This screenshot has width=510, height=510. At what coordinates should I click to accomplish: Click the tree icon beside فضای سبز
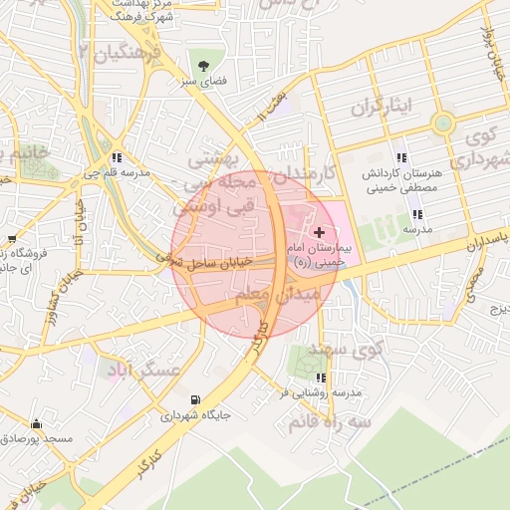203,66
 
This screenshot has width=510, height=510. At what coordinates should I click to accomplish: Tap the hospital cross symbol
318,231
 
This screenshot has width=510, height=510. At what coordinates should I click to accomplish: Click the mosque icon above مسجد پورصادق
37,423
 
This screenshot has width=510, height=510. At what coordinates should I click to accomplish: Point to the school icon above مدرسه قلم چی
118,157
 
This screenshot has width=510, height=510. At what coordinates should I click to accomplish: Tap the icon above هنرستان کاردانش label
401,157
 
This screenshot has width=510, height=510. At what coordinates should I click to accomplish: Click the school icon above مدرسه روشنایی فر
320,378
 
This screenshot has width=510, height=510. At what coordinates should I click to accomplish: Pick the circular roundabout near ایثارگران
442,124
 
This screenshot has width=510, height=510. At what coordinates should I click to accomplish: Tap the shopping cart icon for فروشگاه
11,240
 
